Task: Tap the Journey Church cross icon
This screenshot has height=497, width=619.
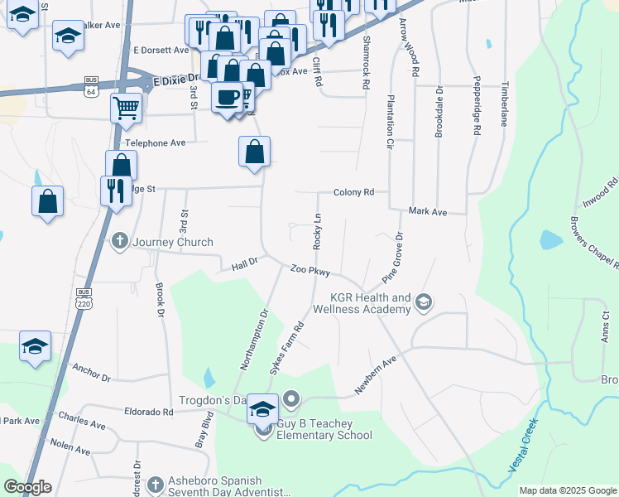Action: (x=119, y=242)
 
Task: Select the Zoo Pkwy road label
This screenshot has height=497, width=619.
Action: (x=310, y=271)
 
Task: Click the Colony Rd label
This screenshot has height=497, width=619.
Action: (x=354, y=192)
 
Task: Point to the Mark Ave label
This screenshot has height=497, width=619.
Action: (x=428, y=212)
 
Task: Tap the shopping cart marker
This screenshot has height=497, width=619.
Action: (x=126, y=107)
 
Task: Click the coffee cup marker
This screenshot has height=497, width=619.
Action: (x=227, y=97)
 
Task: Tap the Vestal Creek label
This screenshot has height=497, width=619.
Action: (x=523, y=452)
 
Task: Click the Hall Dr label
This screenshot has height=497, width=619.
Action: (x=245, y=263)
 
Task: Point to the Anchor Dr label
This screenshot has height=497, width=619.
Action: (x=91, y=371)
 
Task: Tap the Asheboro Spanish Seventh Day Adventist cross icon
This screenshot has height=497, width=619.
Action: (x=155, y=484)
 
